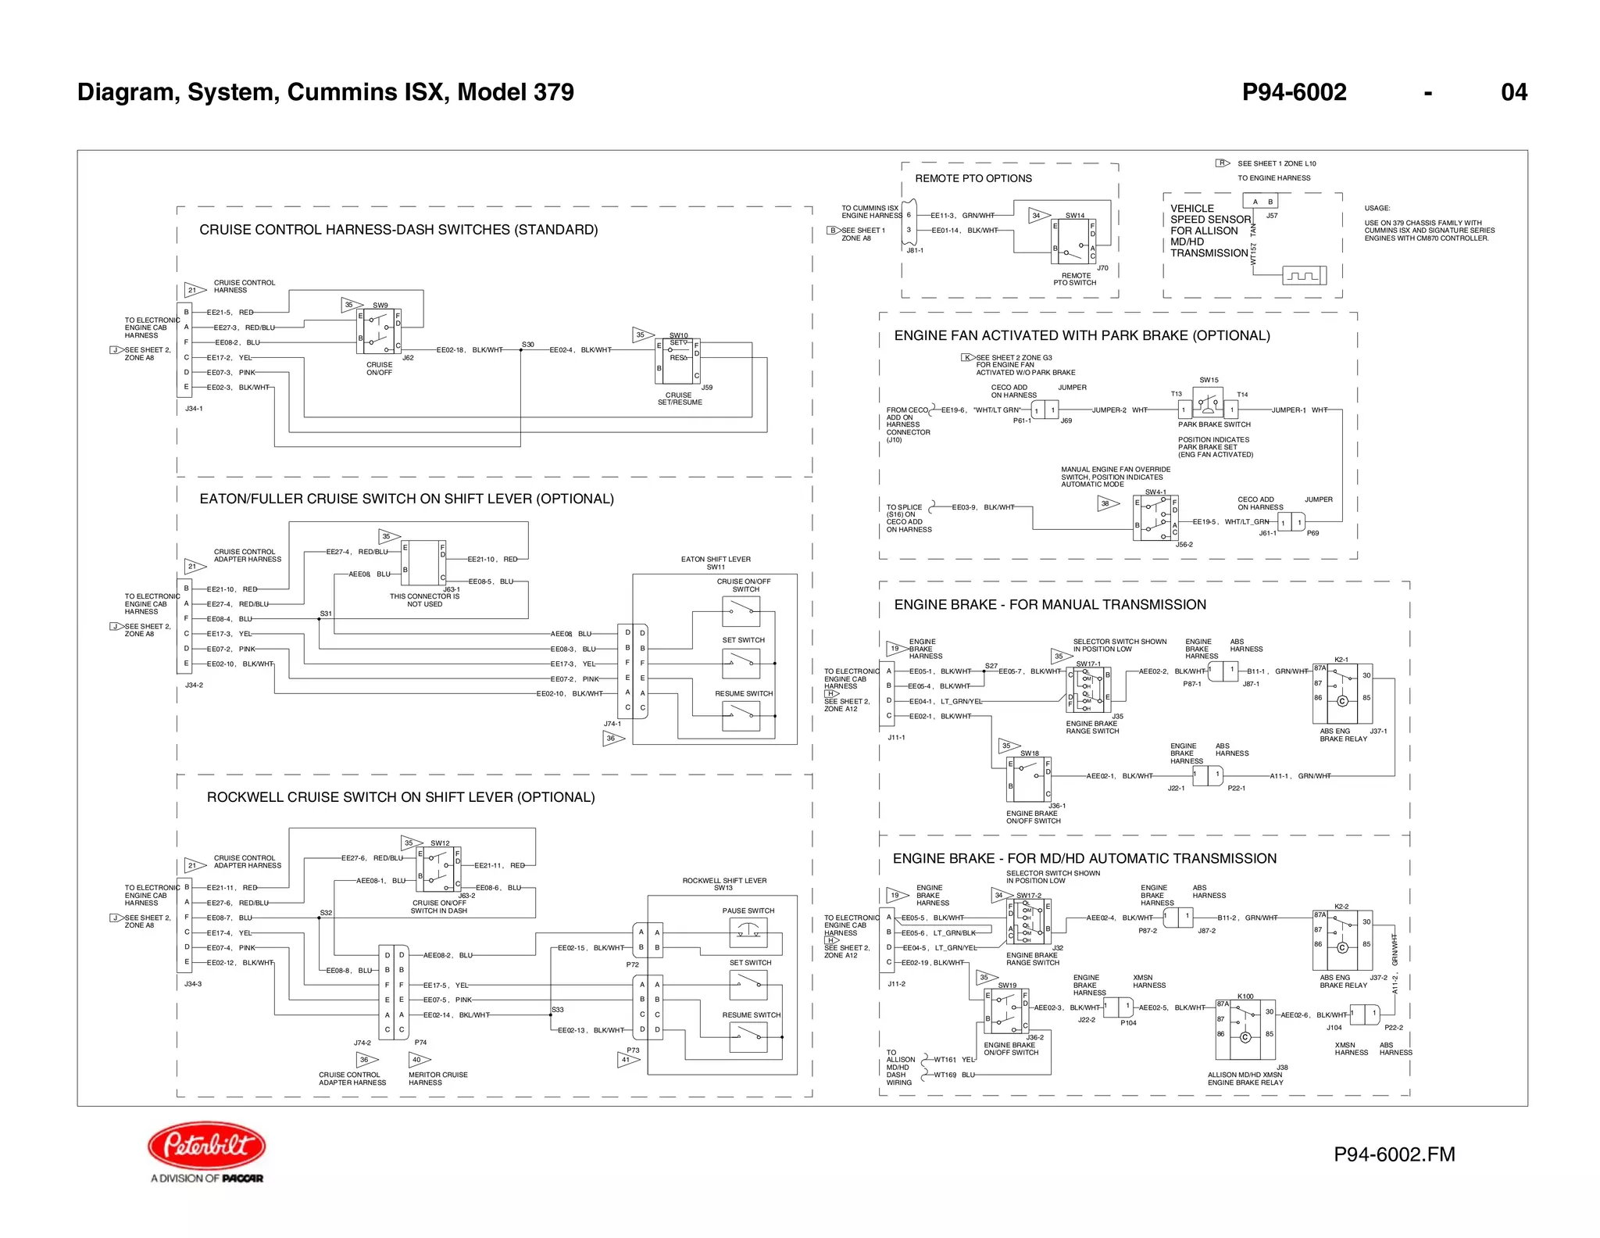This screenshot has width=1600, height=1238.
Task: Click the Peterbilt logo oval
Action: (x=207, y=1146)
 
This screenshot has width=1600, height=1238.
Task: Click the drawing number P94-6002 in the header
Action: (x=1294, y=92)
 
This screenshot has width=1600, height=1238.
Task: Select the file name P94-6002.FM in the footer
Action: (x=1394, y=1154)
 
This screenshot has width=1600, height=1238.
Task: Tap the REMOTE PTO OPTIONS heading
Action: (x=973, y=178)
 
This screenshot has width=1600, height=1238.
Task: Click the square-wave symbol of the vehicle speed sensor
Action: (x=1304, y=276)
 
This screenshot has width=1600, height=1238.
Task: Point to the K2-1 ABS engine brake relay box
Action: (x=1342, y=694)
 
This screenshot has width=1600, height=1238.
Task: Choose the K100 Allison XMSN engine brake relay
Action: (x=1245, y=1029)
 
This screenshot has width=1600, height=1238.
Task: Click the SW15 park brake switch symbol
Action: (x=1208, y=403)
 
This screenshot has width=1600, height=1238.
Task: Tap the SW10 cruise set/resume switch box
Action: (x=677, y=361)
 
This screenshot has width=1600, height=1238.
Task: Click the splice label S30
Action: (x=528, y=344)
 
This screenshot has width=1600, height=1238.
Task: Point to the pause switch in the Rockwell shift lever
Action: (x=748, y=932)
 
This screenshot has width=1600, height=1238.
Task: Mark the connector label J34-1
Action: (x=194, y=409)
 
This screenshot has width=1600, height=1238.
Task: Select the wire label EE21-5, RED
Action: (x=230, y=313)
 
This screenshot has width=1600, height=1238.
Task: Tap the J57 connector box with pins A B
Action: (x=1262, y=202)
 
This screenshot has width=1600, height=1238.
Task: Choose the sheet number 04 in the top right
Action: (x=1513, y=92)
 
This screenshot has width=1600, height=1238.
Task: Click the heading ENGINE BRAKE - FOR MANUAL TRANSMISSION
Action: (x=1049, y=604)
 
